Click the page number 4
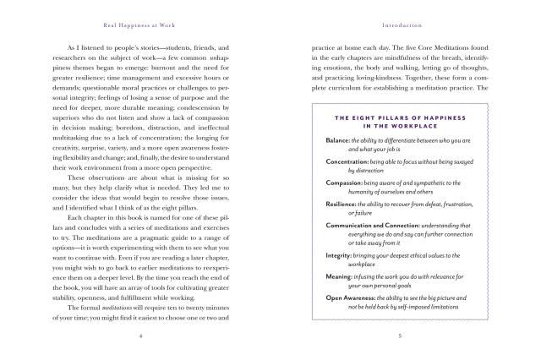point(141,335)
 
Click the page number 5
point(399,335)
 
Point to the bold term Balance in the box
point(339,139)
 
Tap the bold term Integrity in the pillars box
point(341,255)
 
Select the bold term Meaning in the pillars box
point(341,277)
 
